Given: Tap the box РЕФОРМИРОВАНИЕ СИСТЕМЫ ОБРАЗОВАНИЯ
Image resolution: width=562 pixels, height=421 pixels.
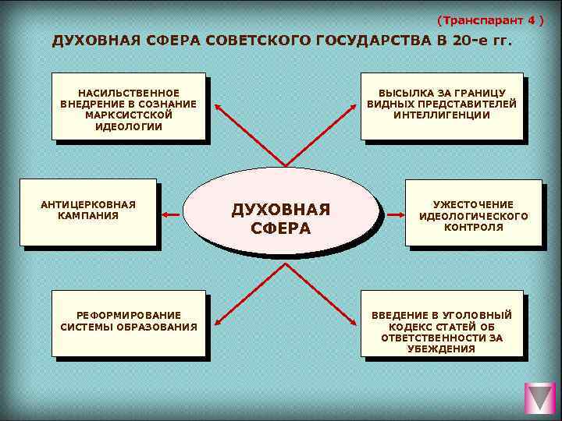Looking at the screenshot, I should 129,321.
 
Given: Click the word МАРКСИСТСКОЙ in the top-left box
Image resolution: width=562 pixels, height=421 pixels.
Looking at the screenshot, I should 129,115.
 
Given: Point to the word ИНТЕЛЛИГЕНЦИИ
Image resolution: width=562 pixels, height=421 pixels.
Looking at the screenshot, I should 442,115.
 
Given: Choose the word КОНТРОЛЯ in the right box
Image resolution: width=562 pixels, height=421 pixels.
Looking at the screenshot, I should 474,228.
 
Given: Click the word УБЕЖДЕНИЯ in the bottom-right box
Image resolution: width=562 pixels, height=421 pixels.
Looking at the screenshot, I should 442,349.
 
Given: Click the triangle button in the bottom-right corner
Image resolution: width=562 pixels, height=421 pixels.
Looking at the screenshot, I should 539,398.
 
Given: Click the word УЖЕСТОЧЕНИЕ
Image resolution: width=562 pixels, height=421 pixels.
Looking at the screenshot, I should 474,204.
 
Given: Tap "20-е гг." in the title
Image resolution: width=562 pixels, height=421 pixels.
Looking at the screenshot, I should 482,41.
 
